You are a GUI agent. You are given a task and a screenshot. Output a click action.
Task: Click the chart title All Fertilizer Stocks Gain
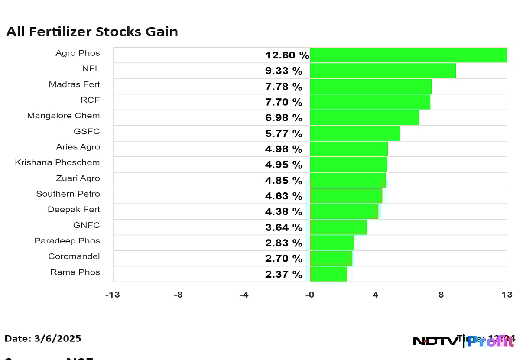pos(92,32)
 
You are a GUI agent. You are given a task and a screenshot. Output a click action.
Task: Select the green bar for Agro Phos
pos(408,55)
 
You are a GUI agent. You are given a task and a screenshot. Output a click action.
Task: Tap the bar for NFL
pos(383,71)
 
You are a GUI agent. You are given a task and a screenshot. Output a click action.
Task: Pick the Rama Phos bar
pos(328,274)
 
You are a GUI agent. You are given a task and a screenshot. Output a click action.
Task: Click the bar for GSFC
pos(355,133)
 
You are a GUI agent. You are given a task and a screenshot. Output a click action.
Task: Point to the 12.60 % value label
pos(287,55)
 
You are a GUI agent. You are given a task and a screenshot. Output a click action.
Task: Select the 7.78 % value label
pos(283,87)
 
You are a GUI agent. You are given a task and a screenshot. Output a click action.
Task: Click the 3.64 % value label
pos(283,227)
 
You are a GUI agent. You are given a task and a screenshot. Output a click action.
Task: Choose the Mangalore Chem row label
pos(63,116)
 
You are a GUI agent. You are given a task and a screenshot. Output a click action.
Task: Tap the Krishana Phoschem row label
pos(57,162)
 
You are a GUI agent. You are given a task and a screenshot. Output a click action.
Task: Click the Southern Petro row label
pos(68,194)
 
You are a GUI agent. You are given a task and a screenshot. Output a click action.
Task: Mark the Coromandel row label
pos(74,256)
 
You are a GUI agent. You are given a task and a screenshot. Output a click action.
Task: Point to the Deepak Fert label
pos(74,210)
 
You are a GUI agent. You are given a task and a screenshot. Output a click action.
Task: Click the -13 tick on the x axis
pos(113,295)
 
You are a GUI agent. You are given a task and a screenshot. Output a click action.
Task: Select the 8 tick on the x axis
pos(441,295)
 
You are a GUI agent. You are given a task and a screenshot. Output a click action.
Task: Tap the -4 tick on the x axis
pos(244,295)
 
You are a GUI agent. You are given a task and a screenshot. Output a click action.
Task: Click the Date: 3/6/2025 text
pos(43,339)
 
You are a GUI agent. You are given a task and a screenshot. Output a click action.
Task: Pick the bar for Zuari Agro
pos(348,180)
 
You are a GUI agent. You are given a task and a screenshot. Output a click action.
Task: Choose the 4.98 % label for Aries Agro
pos(283,149)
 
